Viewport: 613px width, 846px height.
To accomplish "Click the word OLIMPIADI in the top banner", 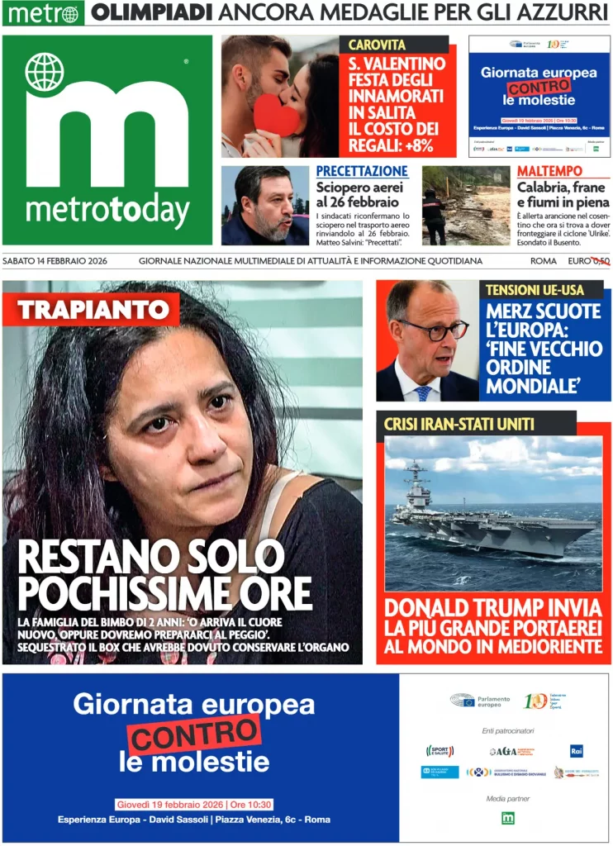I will point(153,12).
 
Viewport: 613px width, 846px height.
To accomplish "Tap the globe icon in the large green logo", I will point(44,71).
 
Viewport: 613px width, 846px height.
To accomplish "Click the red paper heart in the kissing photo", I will point(277,116).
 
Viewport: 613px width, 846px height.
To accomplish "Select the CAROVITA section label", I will point(377,45).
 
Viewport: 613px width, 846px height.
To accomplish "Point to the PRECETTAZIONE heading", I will point(362,171).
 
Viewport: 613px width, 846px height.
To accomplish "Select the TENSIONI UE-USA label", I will point(535,290).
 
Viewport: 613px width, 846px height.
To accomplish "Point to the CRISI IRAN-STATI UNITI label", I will point(459,424).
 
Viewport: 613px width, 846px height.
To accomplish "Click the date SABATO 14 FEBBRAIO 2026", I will point(63,261).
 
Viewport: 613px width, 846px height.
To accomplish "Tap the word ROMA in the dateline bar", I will point(543,261).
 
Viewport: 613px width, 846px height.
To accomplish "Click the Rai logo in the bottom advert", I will point(577,750).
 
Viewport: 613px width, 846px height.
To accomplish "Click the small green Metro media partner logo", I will point(508,818).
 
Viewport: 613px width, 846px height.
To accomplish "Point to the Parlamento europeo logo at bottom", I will point(480,701).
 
